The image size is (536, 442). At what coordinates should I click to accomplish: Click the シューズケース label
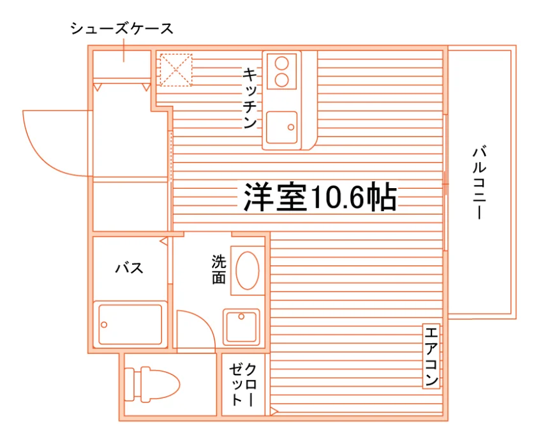coord(122,29)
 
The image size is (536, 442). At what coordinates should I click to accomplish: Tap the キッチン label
coord(250,98)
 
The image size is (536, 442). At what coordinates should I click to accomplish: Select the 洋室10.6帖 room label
coord(320,198)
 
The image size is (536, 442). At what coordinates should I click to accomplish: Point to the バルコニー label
coord(479,183)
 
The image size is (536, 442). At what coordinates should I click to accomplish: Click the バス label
coord(129,268)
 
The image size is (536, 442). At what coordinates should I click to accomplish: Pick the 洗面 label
coord(219,269)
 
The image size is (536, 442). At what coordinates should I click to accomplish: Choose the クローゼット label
coord(242,384)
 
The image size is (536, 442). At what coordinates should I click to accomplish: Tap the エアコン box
coord(431,356)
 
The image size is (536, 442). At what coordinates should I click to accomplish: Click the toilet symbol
coord(152,384)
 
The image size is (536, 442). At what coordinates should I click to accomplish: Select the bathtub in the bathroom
coord(130,324)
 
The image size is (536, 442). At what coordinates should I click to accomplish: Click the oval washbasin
coord(248,271)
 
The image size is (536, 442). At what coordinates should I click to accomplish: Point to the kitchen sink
coord(281,128)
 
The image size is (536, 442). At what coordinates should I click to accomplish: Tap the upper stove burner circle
coord(282,64)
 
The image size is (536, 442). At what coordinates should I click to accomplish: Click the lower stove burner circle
coord(282,80)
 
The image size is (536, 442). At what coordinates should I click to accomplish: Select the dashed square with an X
coord(176,70)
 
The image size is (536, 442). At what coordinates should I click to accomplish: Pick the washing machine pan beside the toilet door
coord(241,327)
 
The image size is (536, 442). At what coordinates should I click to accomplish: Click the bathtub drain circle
coord(104,325)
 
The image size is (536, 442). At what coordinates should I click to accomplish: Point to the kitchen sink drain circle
coord(291,128)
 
